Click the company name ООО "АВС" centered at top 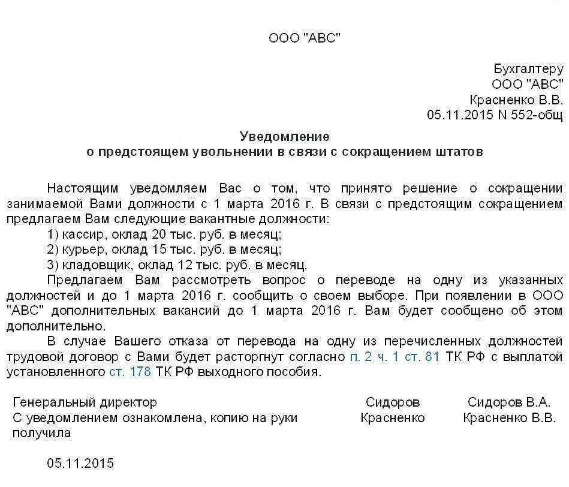point(304,38)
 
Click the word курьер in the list point(79,249)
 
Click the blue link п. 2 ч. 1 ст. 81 point(395,357)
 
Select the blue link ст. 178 point(130,372)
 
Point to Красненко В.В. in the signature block point(510,418)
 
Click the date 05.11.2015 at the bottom point(80,464)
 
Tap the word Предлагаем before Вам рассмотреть point(85,280)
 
